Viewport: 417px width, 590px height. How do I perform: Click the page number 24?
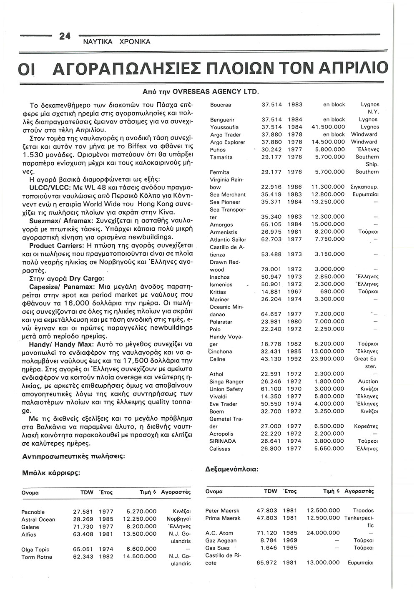[65, 36]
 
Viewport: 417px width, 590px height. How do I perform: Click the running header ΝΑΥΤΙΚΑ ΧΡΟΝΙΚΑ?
[117, 42]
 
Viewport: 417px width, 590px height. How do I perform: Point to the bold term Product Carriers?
[56, 246]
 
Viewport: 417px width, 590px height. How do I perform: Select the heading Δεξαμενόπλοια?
[232, 469]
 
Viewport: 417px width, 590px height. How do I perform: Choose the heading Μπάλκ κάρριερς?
[51, 473]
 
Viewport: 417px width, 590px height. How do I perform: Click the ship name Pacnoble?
[33, 512]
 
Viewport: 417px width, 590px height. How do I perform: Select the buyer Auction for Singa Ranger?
[368, 382]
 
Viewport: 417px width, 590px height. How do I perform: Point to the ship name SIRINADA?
[223, 441]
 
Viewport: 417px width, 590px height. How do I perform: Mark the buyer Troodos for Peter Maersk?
[363, 511]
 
